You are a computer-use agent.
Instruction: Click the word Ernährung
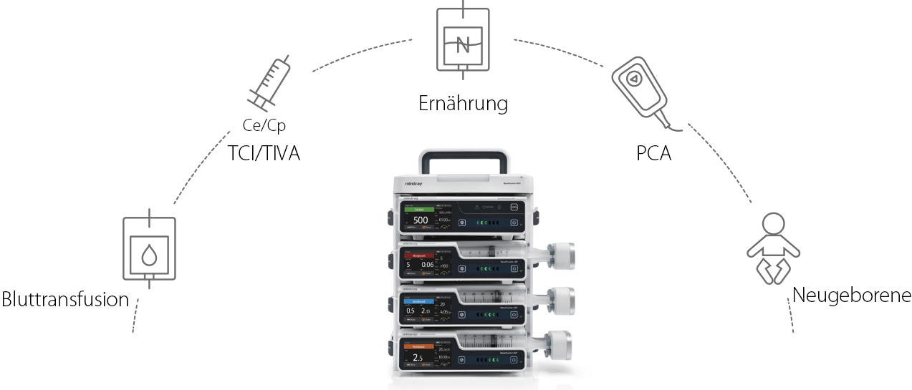463,103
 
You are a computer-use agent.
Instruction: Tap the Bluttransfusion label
65,298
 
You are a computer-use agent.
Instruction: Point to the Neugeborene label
852,295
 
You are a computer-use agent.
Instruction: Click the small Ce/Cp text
264,126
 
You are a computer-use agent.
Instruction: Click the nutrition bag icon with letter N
463,41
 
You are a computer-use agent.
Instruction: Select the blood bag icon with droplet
149,248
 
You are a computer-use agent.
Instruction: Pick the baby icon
772,247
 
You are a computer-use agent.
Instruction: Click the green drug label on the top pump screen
421,210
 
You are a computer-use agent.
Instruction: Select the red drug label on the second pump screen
421,254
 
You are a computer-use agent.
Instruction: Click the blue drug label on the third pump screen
421,302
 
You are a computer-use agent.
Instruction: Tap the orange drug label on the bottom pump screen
421,346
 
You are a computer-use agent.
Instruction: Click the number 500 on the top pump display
421,220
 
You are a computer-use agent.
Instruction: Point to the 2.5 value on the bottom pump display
418,357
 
